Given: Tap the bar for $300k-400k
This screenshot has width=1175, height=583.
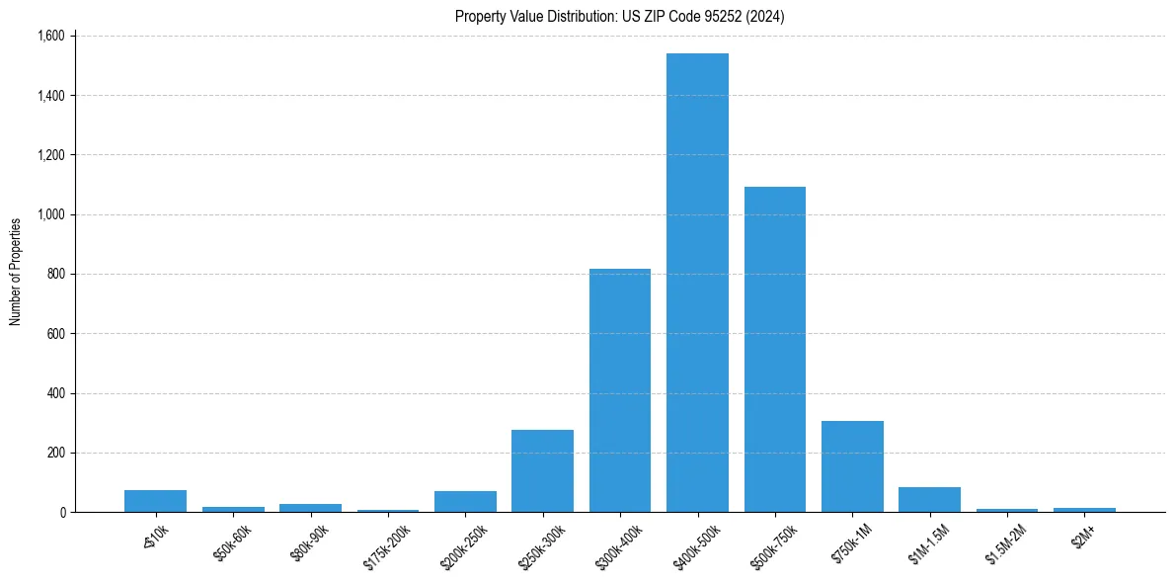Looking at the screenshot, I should (620, 390).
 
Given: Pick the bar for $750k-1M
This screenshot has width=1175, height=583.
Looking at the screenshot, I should (852, 466).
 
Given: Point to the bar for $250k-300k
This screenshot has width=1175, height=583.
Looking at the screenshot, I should (542, 471).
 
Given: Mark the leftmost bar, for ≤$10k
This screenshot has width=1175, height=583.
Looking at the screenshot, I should (155, 501).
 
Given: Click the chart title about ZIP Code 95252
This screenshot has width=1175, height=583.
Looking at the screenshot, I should (620, 17).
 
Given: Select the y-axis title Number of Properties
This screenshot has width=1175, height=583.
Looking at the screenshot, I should (16, 272).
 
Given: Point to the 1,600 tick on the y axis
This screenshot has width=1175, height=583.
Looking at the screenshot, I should (50, 37).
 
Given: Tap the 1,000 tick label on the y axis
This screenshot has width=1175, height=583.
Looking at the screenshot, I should (50, 214).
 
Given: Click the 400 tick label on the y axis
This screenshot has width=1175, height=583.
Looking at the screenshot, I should (55, 393).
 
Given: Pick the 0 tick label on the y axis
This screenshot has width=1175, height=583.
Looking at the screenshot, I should (61, 512).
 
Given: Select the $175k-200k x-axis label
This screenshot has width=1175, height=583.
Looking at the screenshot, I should (385, 541).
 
